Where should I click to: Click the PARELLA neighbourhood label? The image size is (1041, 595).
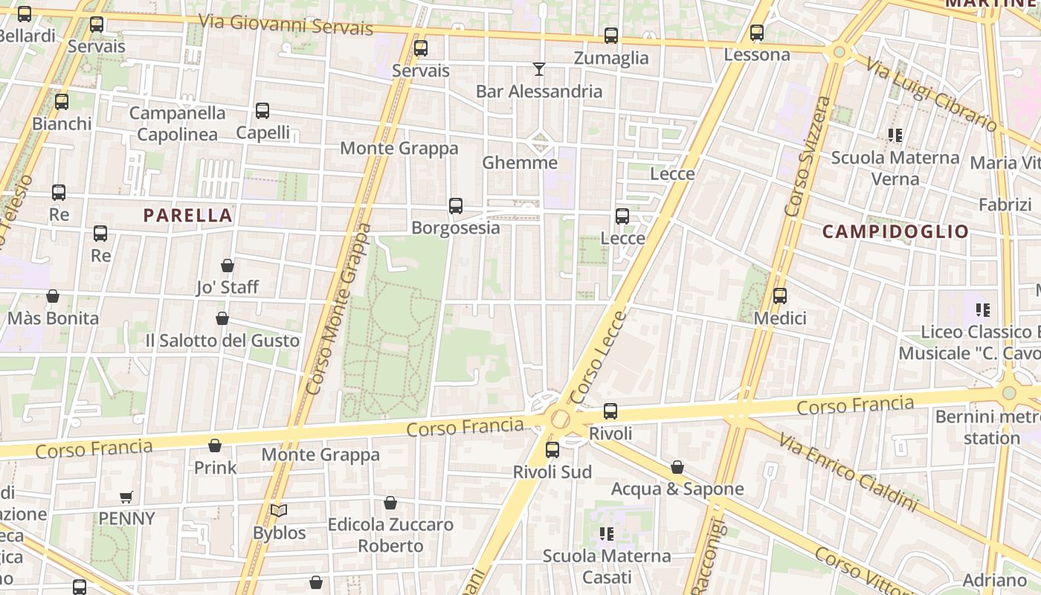coord(188,216)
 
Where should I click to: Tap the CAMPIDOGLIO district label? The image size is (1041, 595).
coord(895,231)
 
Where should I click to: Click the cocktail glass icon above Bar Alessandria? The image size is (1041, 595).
coord(539,69)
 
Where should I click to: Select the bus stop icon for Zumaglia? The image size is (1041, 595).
coord(611,35)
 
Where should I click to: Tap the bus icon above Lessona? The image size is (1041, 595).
coord(757,33)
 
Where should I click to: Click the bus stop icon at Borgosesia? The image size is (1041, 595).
coord(456,206)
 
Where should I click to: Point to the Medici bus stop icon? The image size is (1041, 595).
coord(780,296)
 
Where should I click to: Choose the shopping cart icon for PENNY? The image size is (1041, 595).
coord(126,497)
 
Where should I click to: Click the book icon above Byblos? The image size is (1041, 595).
coord(279,511)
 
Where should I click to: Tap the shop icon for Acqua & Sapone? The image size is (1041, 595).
coord(677,467)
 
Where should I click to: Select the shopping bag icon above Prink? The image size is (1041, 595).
coord(215,446)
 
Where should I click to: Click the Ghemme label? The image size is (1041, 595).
coord(520,163)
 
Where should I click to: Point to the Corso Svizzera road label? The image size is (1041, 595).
coord(807,156)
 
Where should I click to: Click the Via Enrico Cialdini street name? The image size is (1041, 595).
coord(848,472)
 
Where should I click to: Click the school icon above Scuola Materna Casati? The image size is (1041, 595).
coord(607,534)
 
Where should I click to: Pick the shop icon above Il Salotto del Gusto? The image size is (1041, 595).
coord(222,319)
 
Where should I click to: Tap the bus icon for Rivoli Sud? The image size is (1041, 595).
coord(552,450)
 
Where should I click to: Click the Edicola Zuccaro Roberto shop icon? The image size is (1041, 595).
coord(390,504)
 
